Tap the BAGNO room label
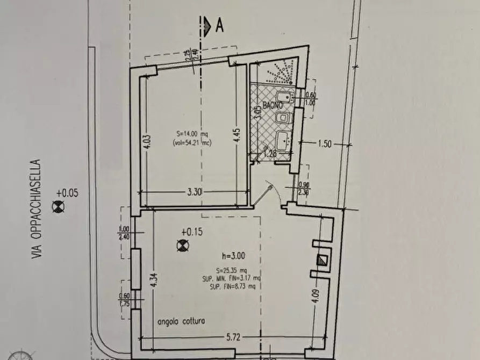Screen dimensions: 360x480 pyautogui.click(x=273, y=105)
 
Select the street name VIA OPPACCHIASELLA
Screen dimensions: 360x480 pyautogui.click(x=36, y=209)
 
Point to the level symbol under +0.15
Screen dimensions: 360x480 pyautogui.click(x=183, y=246)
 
